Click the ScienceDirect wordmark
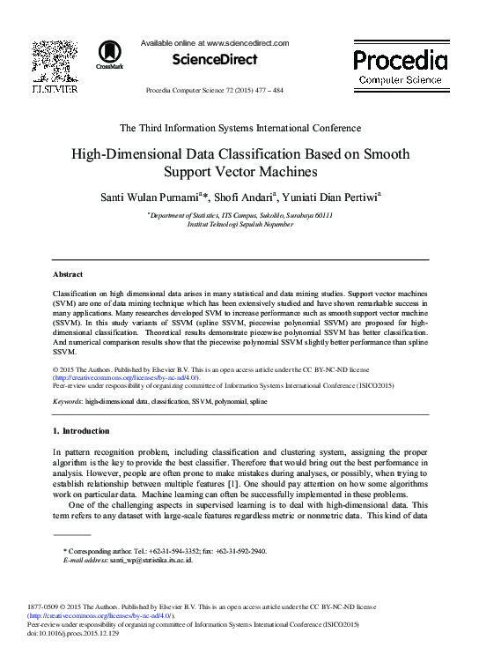[x=217, y=59]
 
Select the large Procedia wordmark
[x=400, y=61]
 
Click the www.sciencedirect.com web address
[x=247, y=42]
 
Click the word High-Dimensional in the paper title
[x=136, y=153]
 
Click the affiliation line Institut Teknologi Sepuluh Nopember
[x=239, y=224]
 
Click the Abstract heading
[x=68, y=275]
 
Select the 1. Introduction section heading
[x=81, y=431]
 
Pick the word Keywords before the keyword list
[x=67, y=401]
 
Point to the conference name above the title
[x=239, y=128]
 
